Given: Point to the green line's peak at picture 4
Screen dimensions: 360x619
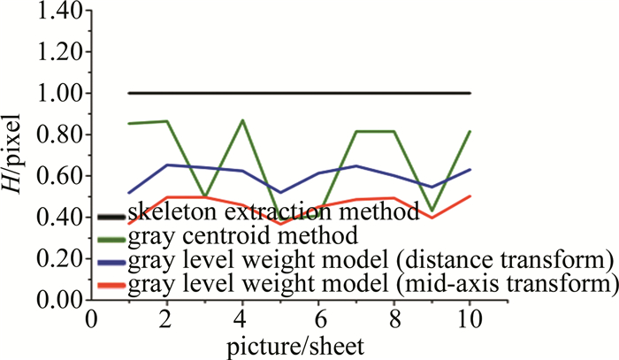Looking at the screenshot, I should pos(242,119).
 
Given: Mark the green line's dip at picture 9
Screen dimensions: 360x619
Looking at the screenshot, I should pos(432,211).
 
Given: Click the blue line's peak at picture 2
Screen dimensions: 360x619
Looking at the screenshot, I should pos(167,165).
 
